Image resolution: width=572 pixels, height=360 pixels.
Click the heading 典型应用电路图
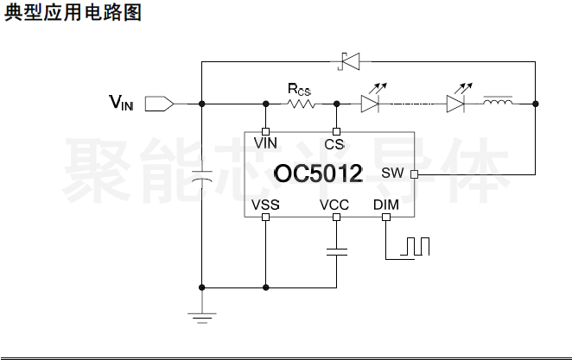tap(73, 14)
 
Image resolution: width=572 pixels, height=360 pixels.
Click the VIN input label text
tap(121, 104)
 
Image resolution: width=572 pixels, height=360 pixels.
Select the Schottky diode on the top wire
tap(349, 60)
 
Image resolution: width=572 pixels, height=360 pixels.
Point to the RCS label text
tap(299, 88)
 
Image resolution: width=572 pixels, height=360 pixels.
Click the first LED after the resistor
tap(370, 104)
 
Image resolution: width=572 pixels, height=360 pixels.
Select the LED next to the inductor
tap(456, 104)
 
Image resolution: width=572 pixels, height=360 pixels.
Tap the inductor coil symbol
tap(498, 104)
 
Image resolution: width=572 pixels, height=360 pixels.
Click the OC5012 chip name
tap(319, 174)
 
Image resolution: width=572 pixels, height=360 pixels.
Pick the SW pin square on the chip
tap(413, 174)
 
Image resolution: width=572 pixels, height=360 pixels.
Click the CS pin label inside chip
tap(334, 143)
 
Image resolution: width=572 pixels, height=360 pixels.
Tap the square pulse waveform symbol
tap(415, 247)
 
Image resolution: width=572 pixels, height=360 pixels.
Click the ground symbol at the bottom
tap(201, 317)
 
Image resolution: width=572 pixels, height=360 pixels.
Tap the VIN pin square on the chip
tap(265, 131)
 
